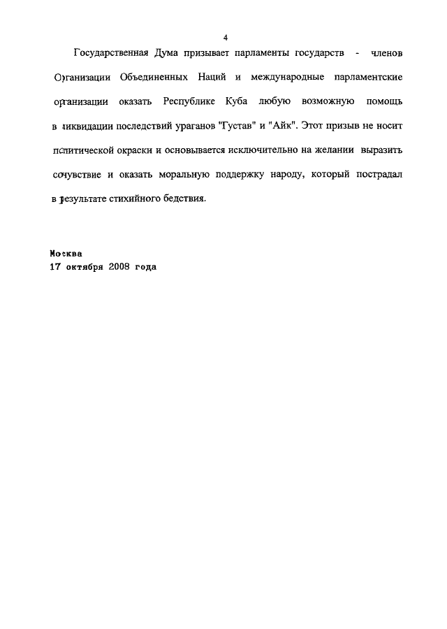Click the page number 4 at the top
225,38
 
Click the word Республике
191,102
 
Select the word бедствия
184,198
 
